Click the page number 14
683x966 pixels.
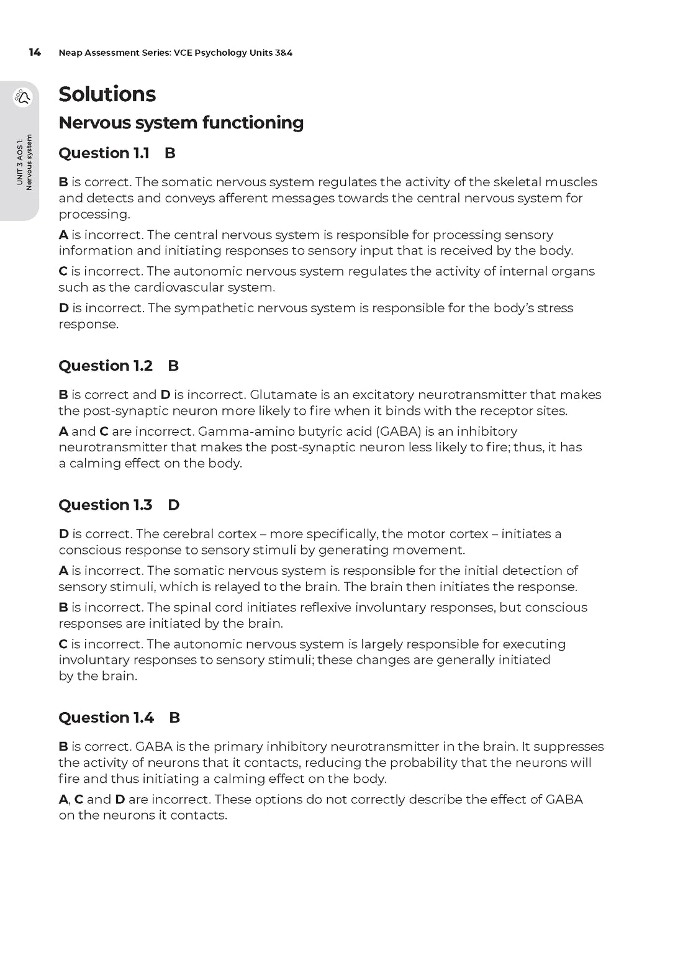click(35, 53)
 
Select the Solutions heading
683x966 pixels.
click(107, 94)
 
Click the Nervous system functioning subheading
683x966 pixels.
click(181, 123)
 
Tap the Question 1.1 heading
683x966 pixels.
click(104, 153)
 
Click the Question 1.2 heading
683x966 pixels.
click(105, 366)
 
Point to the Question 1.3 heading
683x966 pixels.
click(105, 505)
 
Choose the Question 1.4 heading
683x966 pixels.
click(106, 718)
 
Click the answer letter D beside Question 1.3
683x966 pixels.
click(174, 505)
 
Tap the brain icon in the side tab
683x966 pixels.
click(23, 97)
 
